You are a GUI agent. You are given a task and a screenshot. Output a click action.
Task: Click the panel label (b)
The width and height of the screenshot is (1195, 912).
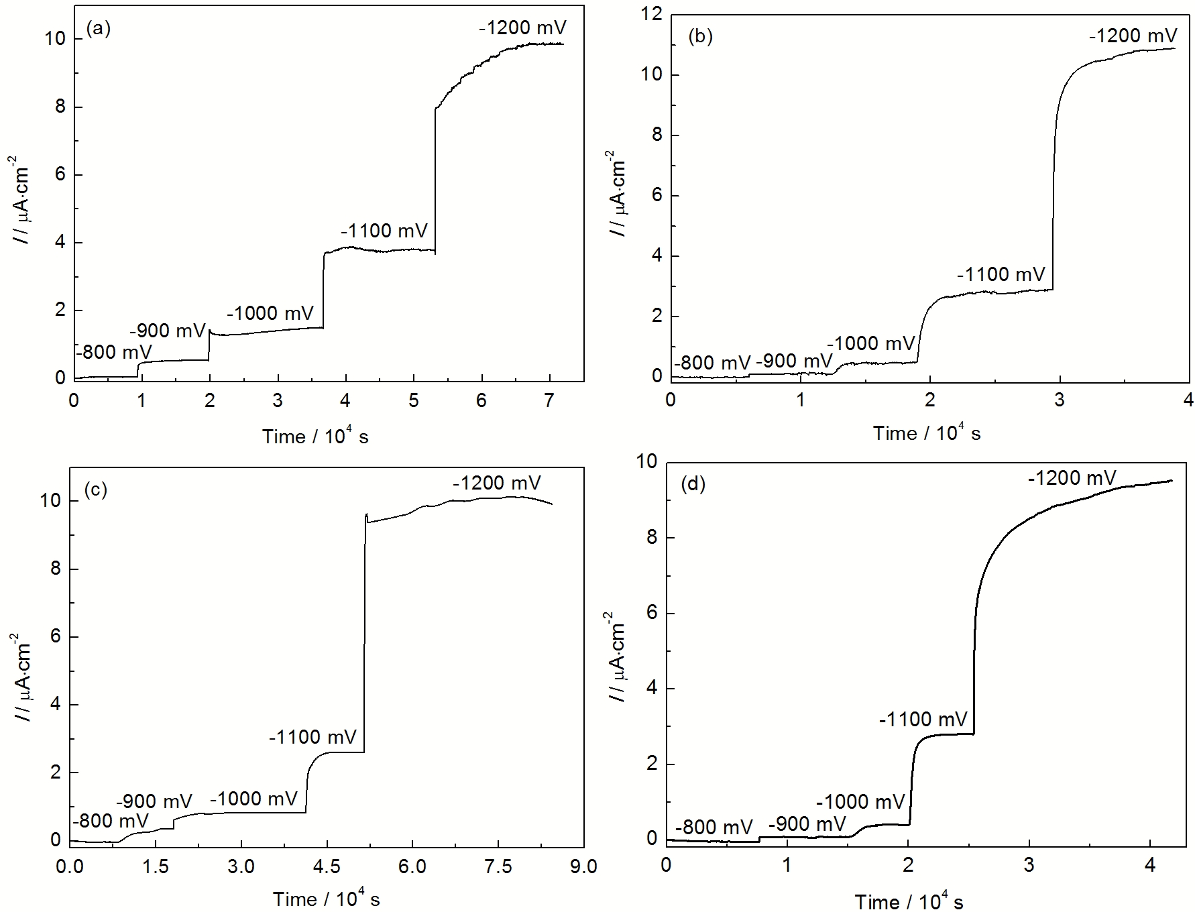pyautogui.click(x=701, y=37)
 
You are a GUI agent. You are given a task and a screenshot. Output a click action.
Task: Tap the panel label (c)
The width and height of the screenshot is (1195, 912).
pyautogui.click(x=96, y=490)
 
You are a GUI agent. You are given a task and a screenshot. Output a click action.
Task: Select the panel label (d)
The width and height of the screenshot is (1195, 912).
pyautogui.click(x=693, y=484)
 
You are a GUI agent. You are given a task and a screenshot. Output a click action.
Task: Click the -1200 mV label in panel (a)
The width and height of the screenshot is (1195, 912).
pyautogui.click(x=522, y=27)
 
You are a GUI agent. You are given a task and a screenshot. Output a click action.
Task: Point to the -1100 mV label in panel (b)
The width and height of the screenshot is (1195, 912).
pyautogui.click(x=1001, y=274)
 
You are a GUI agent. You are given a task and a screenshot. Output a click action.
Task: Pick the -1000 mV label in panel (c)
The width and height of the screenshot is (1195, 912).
pyautogui.click(x=253, y=799)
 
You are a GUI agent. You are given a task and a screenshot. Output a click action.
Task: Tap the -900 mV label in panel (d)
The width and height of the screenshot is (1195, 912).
pyautogui.click(x=807, y=824)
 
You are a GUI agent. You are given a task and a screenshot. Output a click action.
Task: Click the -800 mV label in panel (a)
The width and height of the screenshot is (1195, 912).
pyautogui.click(x=113, y=351)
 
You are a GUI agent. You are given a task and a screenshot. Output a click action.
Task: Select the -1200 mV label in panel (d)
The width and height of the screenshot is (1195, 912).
pyautogui.click(x=1072, y=478)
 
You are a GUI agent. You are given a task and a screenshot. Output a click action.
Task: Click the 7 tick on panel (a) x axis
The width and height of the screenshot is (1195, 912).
pyautogui.click(x=549, y=401)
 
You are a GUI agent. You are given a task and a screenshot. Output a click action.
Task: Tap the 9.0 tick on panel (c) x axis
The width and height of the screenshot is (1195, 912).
pyautogui.click(x=583, y=867)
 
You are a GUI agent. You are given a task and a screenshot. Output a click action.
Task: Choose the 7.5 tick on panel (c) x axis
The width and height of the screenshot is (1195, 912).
pyautogui.click(x=498, y=867)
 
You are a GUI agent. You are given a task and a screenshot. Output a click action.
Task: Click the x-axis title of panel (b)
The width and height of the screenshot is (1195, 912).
pyautogui.click(x=926, y=433)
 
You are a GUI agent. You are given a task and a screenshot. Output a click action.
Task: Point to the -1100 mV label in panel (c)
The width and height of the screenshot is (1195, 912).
pyautogui.click(x=312, y=737)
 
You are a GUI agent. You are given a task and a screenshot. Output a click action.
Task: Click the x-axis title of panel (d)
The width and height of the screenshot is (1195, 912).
pyautogui.click(x=909, y=901)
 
